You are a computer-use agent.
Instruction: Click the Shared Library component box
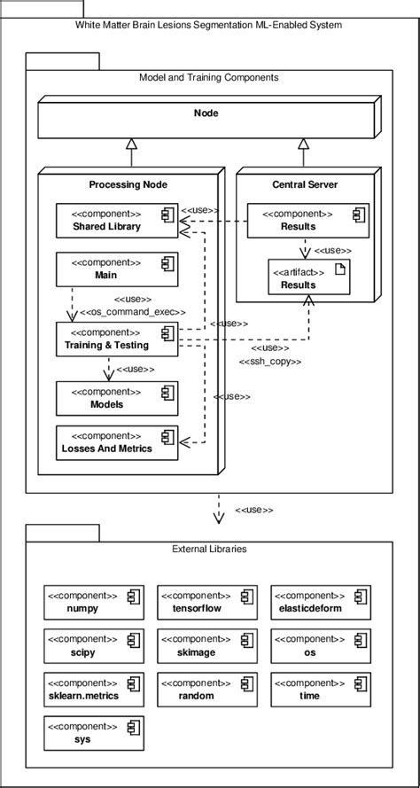(117, 221)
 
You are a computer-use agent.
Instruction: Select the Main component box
(117, 269)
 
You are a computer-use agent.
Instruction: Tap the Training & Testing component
(117, 339)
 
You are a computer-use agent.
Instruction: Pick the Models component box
(117, 397)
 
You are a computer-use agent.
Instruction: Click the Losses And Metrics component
(117, 441)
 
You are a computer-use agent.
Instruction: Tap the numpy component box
(94, 602)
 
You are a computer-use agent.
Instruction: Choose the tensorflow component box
(206, 602)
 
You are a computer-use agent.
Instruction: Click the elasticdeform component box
(320, 602)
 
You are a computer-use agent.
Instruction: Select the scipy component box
(94, 645)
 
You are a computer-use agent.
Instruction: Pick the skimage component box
(206, 645)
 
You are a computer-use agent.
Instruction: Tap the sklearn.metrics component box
(94, 690)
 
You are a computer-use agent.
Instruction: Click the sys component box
(94, 733)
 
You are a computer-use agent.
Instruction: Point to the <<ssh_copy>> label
(270, 362)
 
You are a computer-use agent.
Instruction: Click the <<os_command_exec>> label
(133, 312)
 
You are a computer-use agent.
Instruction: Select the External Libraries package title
(209, 549)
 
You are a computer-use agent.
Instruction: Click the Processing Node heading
(128, 184)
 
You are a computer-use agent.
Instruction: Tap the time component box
(320, 690)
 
